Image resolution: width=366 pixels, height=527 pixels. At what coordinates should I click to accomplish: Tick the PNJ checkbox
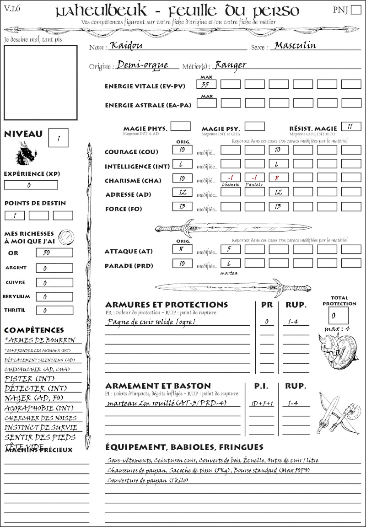coord(355,11)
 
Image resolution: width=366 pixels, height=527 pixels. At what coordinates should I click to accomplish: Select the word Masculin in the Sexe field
coord(295,46)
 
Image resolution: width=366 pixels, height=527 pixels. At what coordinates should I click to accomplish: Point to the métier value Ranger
coord(231,65)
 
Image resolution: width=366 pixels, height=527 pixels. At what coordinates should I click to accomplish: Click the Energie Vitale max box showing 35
coord(207,84)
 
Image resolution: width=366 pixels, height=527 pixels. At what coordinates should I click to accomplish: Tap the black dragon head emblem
coord(26,153)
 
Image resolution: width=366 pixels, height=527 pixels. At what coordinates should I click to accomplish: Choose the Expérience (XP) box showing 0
coord(31,185)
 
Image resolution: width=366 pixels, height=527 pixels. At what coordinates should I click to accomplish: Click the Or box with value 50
coord(54,253)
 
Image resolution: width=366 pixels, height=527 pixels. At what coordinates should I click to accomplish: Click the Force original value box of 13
coord(182,207)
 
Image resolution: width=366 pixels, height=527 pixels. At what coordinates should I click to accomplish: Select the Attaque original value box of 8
coord(182,249)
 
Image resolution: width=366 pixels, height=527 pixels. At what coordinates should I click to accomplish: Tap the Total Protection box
coord(338,315)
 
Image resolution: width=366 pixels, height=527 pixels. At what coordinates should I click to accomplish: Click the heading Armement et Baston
coord(158,386)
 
